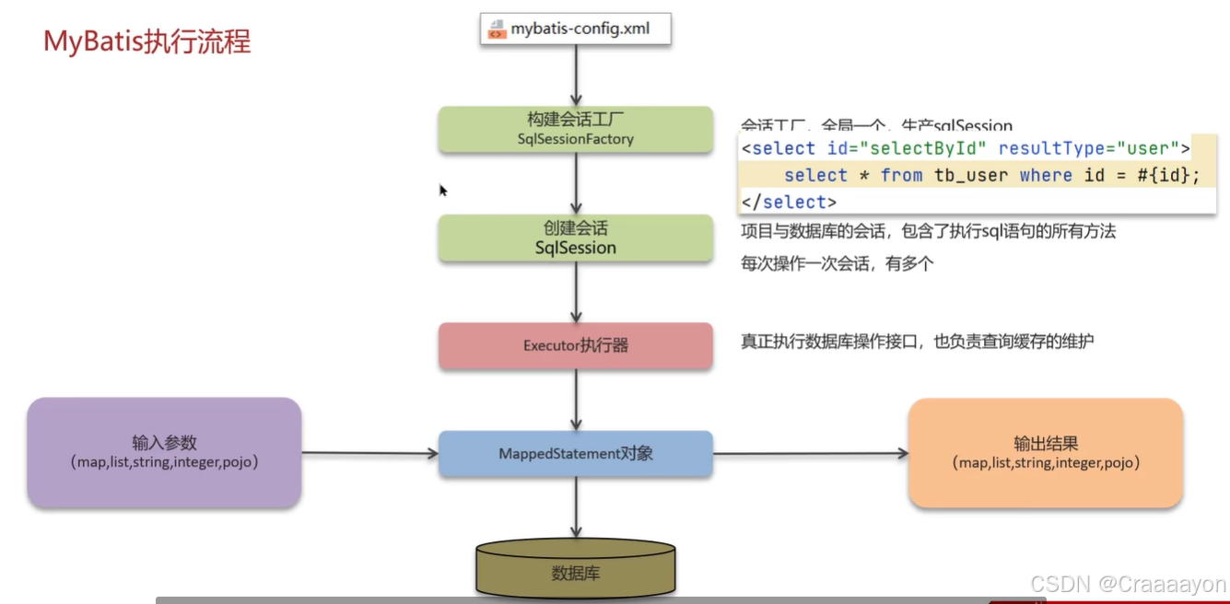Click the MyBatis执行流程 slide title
(147, 42)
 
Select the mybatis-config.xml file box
(576, 29)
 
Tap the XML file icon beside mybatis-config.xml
(497, 29)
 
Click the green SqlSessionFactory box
(575, 129)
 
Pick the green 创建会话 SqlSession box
(575, 238)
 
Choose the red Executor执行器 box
(575, 346)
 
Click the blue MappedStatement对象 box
(575, 453)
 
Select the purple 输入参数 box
(164, 452)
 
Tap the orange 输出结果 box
(1045, 452)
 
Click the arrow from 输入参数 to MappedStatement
(369, 453)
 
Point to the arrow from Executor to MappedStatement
(576, 401)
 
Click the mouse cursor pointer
(442, 190)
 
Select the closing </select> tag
(789, 202)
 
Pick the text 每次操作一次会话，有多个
(838, 263)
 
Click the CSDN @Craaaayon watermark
(1128, 584)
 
